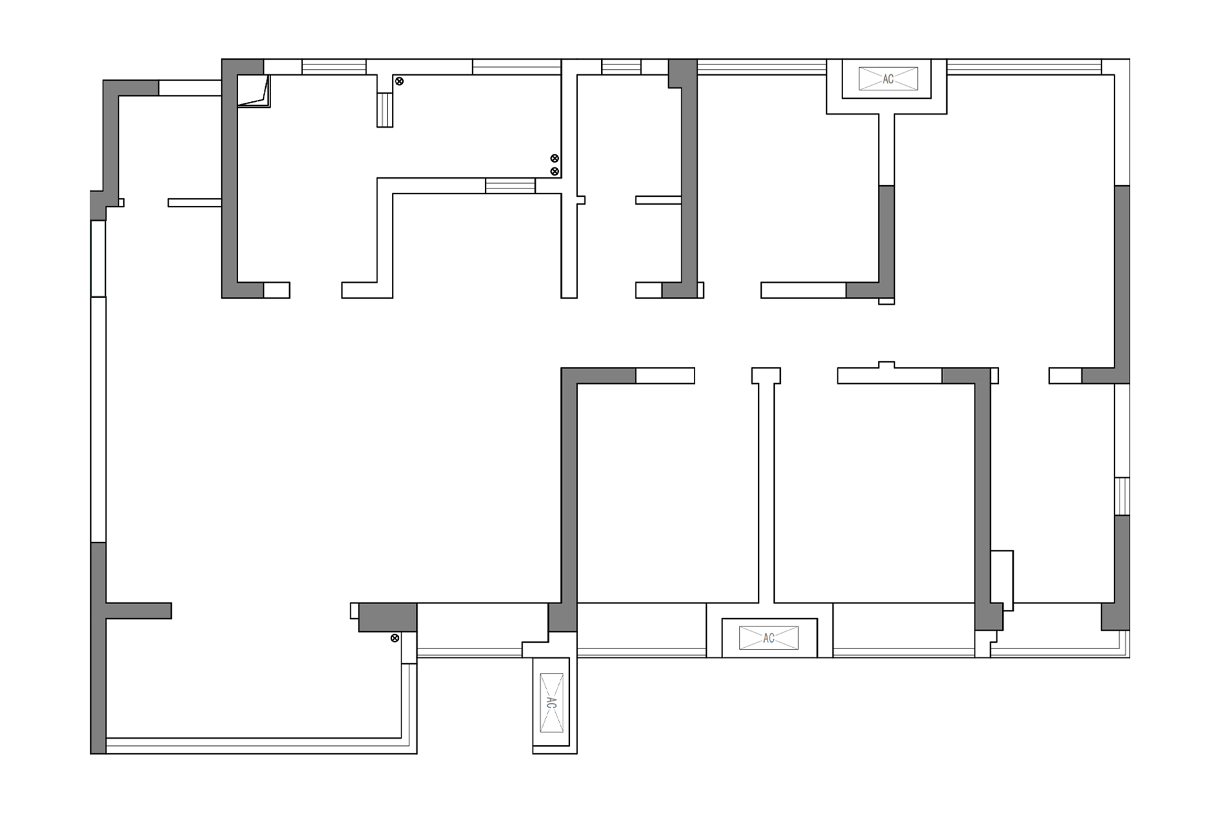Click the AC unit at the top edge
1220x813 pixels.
click(x=888, y=79)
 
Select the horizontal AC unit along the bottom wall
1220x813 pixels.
click(x=769, y=638)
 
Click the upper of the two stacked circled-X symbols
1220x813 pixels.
click(x=554, y=158)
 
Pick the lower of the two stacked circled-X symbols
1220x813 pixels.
click(x=554, y=171)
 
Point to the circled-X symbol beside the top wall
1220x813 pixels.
click(x=400, y=81)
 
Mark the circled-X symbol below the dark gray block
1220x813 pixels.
click(x=395, y=638)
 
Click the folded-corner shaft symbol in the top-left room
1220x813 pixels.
click(x=254, y=91)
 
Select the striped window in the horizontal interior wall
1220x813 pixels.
click(x=510, y=186)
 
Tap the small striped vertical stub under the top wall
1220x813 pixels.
click(x=385, y=110)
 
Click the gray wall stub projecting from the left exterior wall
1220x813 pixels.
click(x=139, y=610)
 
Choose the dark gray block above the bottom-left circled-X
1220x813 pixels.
click(x=388, y=617)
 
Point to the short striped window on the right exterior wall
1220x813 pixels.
click(x=1123, y=496)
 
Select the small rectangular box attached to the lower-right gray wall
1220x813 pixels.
click(x=1002, y=580)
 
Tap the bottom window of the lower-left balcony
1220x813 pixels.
click(x=254, y=746)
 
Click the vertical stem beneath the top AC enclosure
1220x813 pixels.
click(x=887, y=150)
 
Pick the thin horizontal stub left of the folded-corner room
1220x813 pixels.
click(x=195, y=203)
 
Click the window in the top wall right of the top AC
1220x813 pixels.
click(x=1024, y=67)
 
